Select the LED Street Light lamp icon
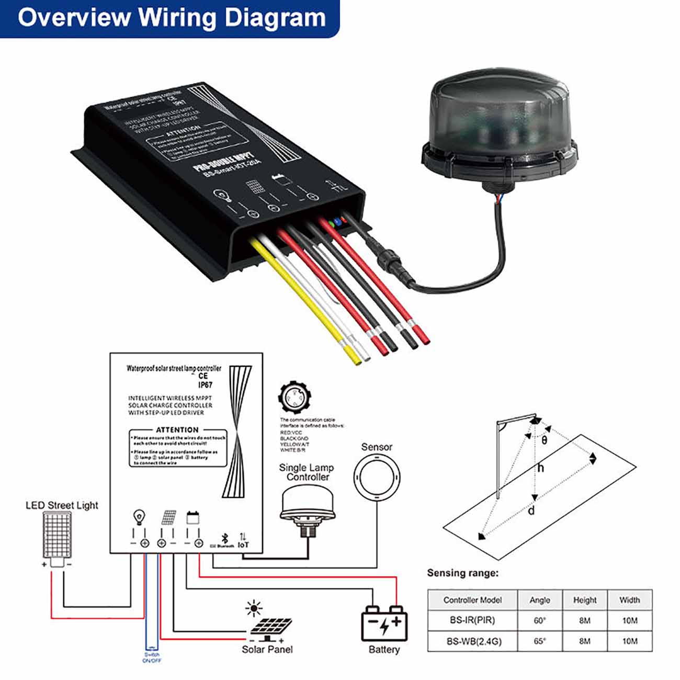pyautogui.click(x=56, y=535)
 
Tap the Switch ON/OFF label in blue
pyautogui.click(x=152, y=658)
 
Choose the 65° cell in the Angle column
pyautogui.click(x=539, y=641)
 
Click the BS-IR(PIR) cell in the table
pyautogui.click(x=472, y=620)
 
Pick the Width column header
pyautogui.click(x=629, y=600)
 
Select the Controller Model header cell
pyautogui.click(x=472, y=600)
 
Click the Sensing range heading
pyautogui.click(x=462, y=573)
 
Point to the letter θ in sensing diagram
pyautogui.click(x=545, y=440)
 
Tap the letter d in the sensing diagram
pyautogui.click(x=531, y=510)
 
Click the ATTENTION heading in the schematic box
pyautogui.click(x=177, y=429)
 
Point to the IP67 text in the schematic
pyautogui.click(x=205, y=385)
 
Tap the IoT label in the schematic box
pyautogui.click(x=243, y=545)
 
